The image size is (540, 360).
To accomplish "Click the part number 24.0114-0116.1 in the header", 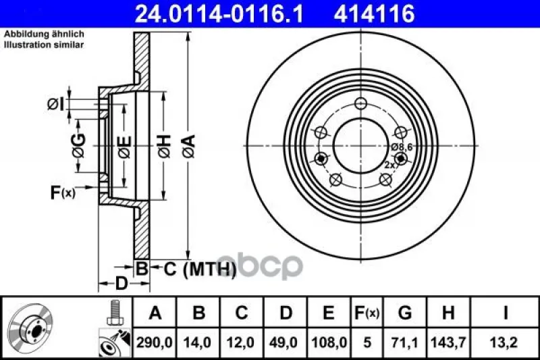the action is [219, 14].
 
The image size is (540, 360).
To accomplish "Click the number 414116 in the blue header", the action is [374, 14].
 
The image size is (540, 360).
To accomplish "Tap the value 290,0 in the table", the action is [155, 342].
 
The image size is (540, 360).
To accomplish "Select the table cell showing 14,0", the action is [198, 342].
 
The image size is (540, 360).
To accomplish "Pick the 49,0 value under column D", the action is [283, 342].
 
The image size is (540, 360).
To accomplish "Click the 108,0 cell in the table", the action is [329, 342].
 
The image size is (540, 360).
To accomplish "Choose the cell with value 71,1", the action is [405, 342].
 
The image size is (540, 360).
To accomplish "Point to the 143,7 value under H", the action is [448, 342].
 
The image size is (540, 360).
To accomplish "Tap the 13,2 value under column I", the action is [506, 342].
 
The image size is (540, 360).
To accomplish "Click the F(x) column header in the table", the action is [367, 313].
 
